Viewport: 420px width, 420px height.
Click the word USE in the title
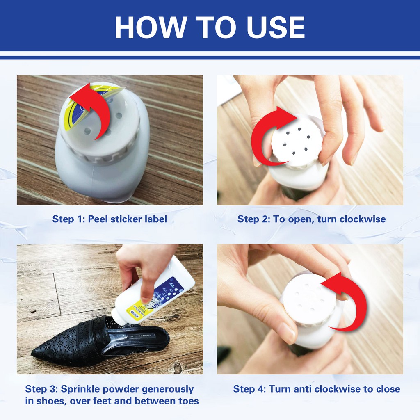(x=276, y=27)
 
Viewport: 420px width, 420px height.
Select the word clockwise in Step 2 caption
(x=363, y=219)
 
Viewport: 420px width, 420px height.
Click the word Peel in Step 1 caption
(x=98, y=219)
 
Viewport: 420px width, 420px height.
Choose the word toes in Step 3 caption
(x=189, y=401)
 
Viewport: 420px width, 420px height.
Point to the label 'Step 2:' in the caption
(x=254, y=219)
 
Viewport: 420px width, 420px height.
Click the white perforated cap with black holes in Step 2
(x=297, y=140)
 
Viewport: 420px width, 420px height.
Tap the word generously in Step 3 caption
(x=168, y=390)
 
